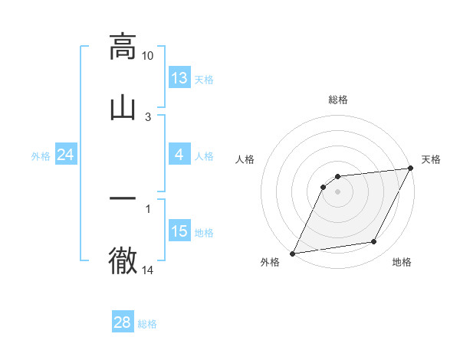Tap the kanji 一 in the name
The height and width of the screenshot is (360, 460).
coord(123,199)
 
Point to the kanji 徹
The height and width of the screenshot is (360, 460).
coord(123,260)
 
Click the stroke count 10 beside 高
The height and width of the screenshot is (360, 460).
coord(148,56)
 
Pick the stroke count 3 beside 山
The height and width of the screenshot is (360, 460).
coord(148,116)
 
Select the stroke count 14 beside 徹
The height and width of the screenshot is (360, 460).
coord(148,270)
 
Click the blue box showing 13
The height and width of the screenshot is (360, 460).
coord(179,77)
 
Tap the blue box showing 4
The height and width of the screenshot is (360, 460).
coord(179,155)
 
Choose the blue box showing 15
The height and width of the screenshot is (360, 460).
coord(179,231)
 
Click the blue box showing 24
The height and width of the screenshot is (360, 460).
coord(66,155)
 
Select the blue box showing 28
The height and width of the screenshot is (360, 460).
coord(122,322)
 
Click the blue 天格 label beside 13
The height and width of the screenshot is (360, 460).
coord(203,79)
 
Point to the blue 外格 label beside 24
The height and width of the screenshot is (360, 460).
coord(41,156)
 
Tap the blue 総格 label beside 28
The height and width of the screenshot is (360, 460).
coord(147,324)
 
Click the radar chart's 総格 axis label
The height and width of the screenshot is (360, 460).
coord(338,100)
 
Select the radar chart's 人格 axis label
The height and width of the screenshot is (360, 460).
coord(245,159)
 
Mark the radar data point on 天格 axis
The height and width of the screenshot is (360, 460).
coord(411,169)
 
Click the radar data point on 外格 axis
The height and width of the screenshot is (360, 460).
coord(292,253)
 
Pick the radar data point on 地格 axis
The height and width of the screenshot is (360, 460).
coord(374,242)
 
